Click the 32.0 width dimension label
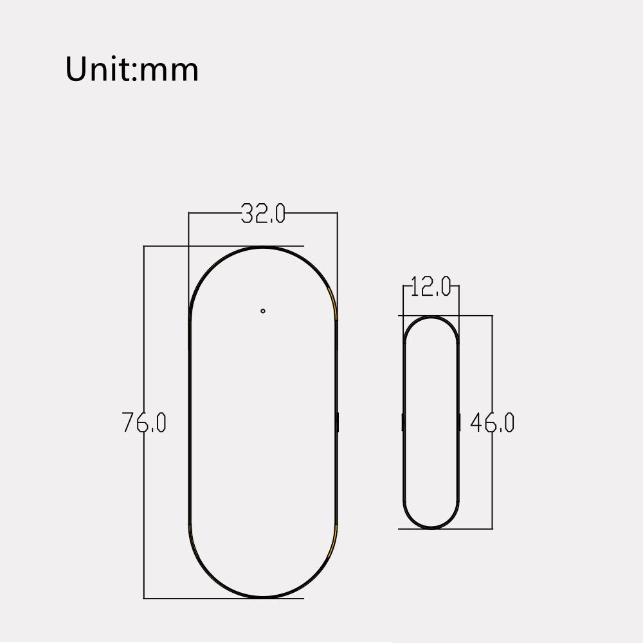(x=262, y=213)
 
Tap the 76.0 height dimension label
(x=145, y=422)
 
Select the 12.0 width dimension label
(x=431, y=287)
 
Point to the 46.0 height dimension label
(x=492, y=422)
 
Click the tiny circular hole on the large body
(x=263, y=311)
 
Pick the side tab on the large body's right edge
(x=337, y=422)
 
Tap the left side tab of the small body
(x=403, y=422)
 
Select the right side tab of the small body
(x=459, y=422)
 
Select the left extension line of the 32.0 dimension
(x=188, y=257)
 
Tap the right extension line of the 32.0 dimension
(x=337, y=257)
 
